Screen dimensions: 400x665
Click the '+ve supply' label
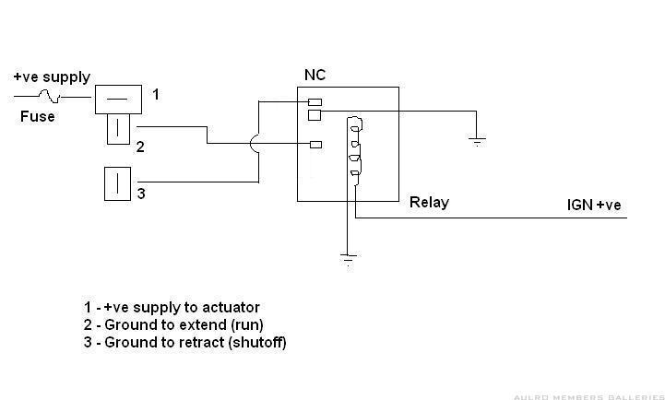point(52,77)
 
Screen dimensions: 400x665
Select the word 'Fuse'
point(38,117)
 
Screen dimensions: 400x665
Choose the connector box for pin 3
point(120,182)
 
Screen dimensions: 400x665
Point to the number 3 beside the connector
point(141,194)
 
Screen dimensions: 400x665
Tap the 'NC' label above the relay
point(315,75)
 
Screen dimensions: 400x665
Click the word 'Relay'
point(429,202)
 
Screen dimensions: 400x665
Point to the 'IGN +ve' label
point(594,205)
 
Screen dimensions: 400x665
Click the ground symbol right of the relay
point(476,141)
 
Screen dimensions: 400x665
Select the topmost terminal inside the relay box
point(315,101)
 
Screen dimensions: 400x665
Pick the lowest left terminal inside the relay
point(315,144)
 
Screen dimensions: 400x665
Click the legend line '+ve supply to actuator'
point(171,307)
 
